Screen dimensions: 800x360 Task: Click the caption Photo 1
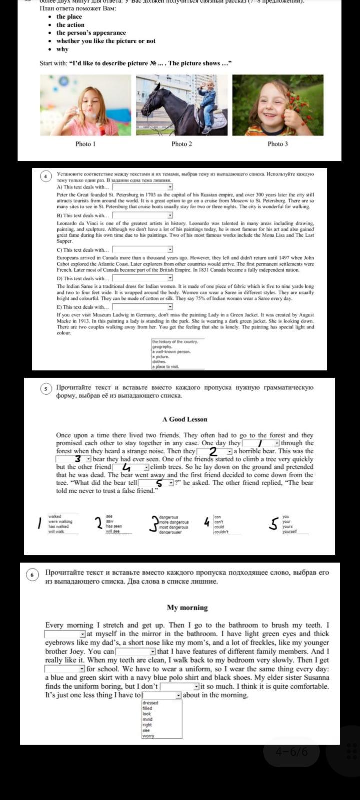85,144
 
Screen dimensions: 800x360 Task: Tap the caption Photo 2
182,144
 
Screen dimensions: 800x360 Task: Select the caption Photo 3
278,144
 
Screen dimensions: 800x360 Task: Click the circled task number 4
46,176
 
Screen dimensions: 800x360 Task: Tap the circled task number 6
32,575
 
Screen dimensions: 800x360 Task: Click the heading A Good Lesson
185,419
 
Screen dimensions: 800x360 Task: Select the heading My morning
187,608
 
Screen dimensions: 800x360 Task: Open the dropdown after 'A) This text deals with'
170,187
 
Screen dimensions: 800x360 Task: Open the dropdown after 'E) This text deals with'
170,307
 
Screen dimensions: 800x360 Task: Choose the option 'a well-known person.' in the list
171,352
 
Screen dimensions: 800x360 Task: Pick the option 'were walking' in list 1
60,522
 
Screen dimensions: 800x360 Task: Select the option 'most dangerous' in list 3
174,527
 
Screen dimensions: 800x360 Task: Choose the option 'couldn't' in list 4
221,532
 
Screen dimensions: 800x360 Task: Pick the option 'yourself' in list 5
290,532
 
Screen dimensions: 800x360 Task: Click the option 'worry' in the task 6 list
148,736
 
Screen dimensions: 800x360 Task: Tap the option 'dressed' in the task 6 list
150,703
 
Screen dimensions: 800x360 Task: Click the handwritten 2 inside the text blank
213,452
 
